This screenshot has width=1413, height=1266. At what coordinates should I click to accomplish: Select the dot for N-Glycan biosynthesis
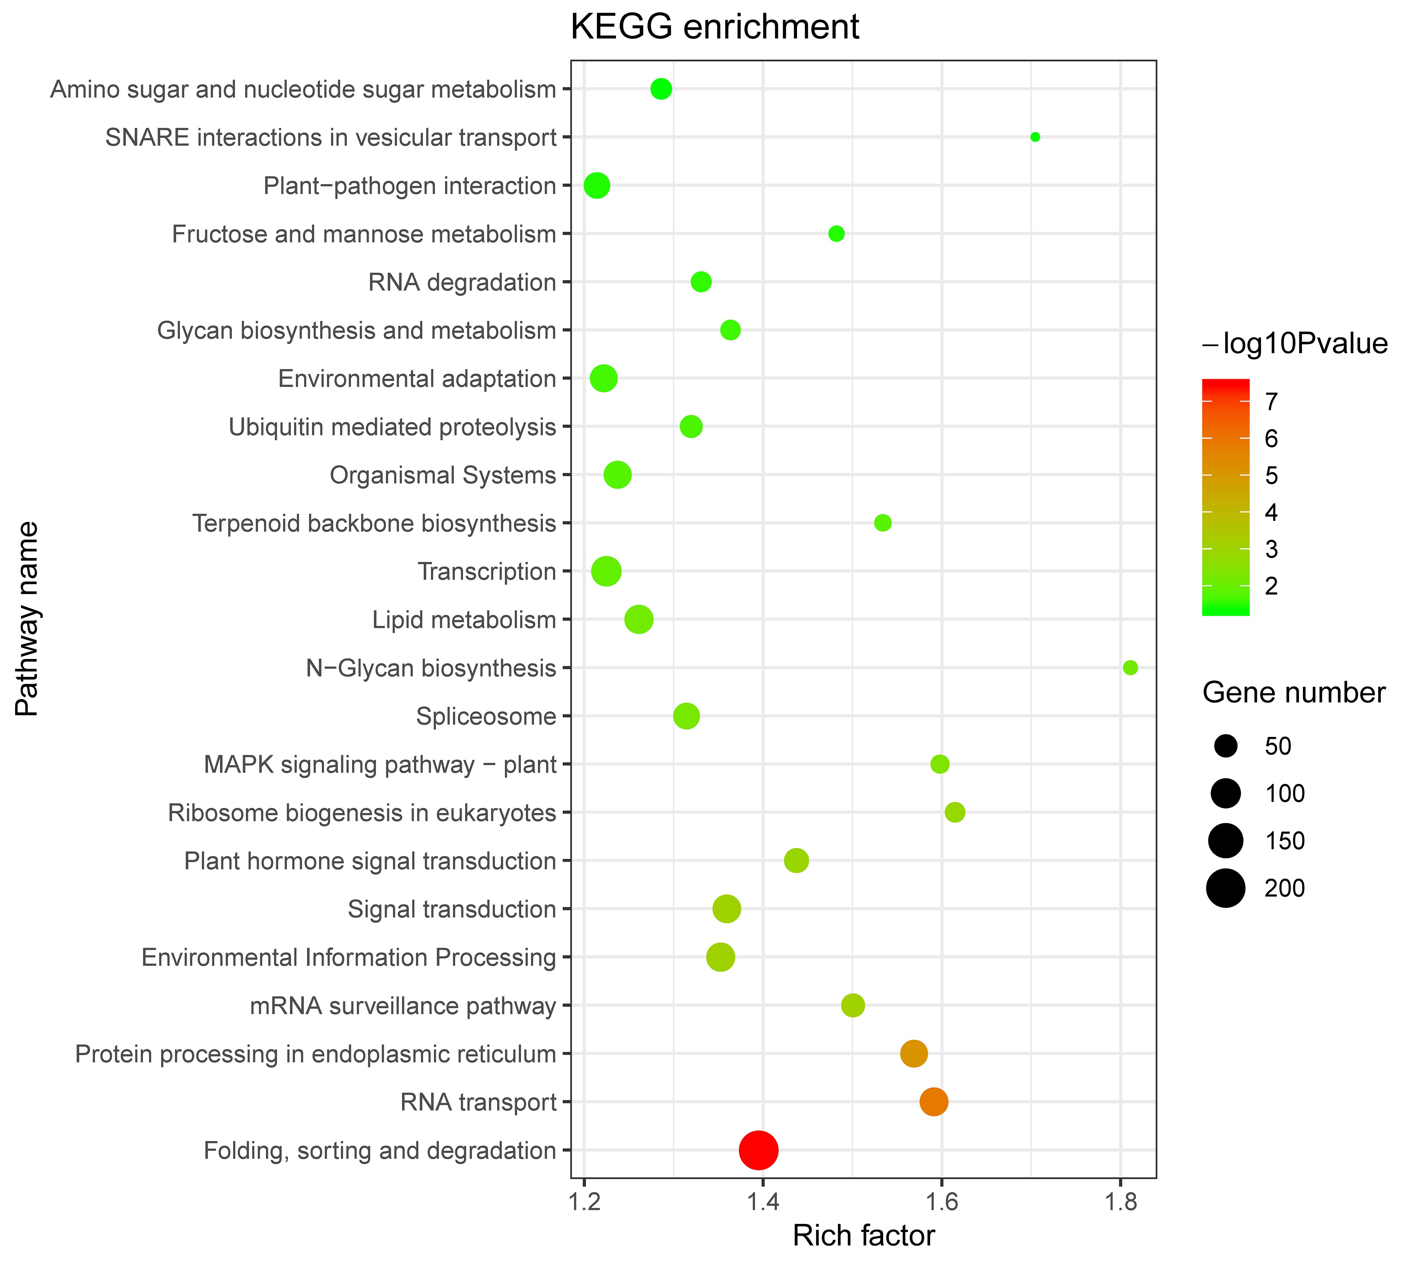click(1130, 668)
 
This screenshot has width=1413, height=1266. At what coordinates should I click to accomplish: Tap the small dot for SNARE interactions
click(1035, 137)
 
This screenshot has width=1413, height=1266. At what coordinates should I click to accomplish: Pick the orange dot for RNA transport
click(933, 1102)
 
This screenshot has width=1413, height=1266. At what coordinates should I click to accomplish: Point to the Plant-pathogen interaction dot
click(597, 186)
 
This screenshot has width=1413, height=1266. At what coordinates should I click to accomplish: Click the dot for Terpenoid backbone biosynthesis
click(883, 523)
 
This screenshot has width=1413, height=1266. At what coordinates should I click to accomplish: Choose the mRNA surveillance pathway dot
click(853, 1005)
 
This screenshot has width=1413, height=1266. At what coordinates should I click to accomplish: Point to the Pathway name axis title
click(28, 619)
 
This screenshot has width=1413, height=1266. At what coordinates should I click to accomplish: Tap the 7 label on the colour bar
click(1270, 402)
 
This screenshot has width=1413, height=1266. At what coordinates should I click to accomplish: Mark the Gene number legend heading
click(1293, 694)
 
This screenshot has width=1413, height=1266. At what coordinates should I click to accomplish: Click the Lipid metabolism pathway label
click(464, 620)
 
